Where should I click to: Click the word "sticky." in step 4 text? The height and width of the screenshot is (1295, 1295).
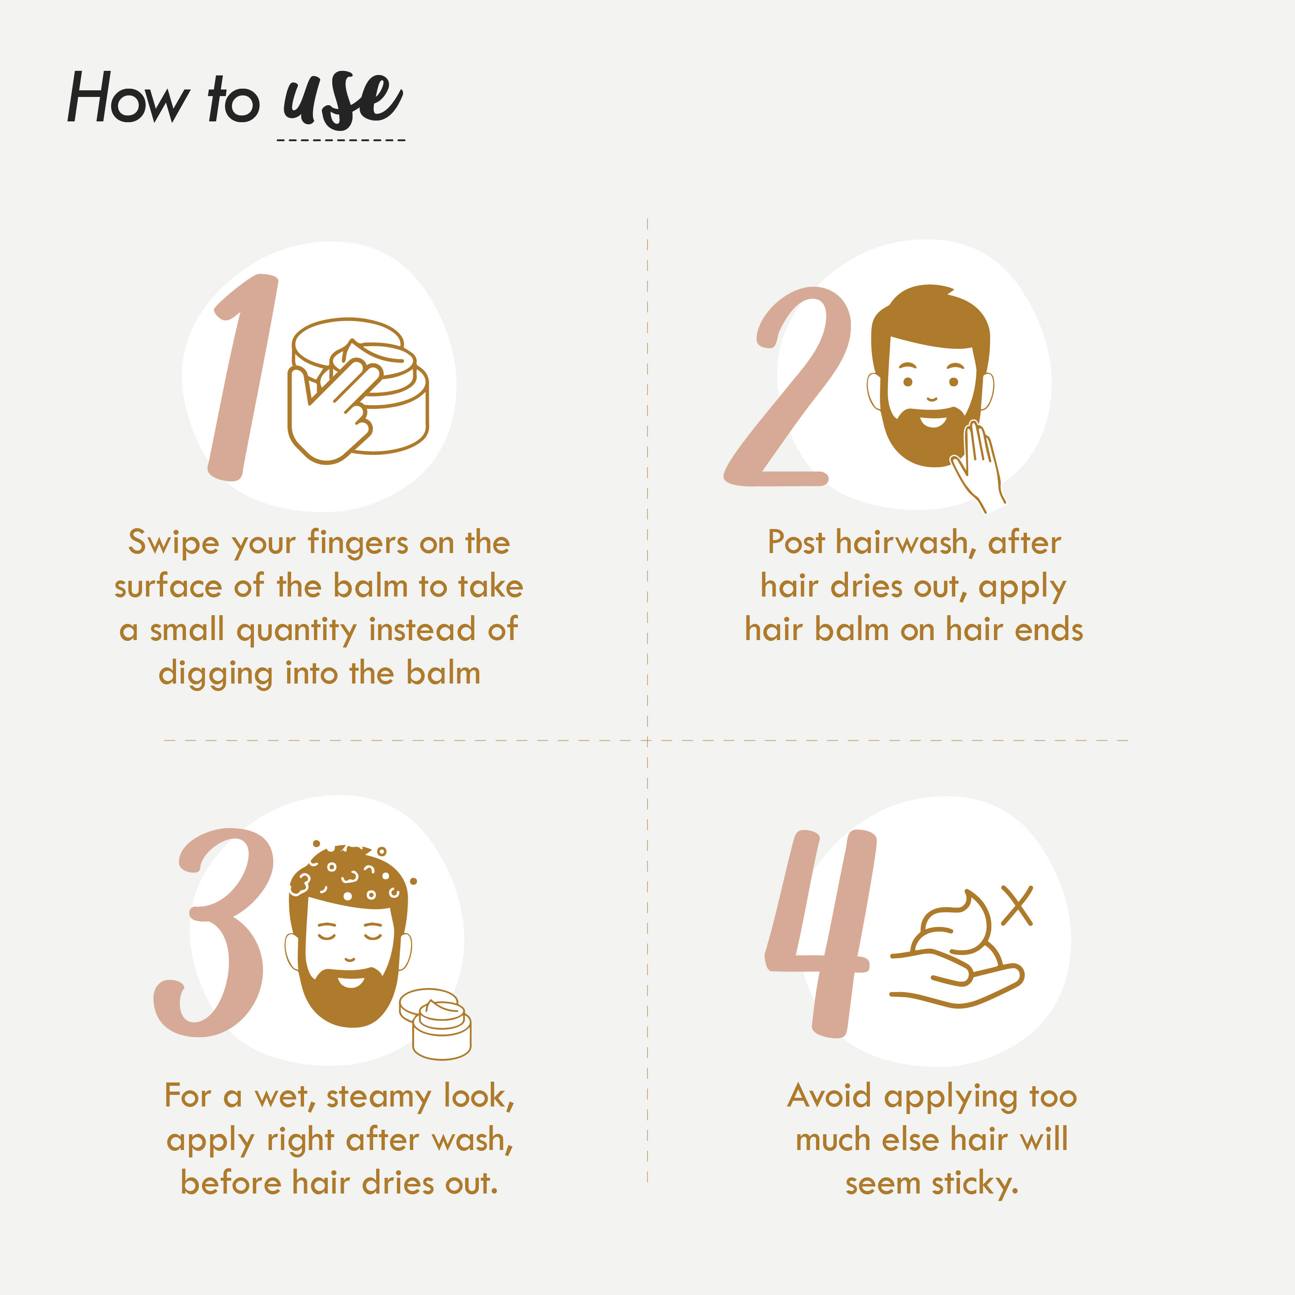coord(975,1184)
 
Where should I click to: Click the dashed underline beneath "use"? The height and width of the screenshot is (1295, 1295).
coord(341,140)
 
